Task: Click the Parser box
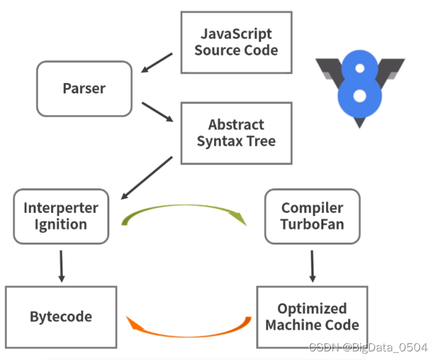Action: pos(84,89)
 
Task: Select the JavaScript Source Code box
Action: pos(236,42)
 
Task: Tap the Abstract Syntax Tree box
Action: pos(236,133)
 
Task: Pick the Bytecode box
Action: pos(61,316)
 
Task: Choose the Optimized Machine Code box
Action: pos(311,317)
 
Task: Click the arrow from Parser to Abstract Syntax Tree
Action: pos(157,112)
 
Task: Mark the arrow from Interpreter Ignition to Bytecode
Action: pos(61,265)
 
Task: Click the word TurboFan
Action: pos(312,224)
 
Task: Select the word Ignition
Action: pos(61,224)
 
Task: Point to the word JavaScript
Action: pos(237,34)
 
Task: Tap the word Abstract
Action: pos(236,125)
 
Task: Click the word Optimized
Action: pos(311,308)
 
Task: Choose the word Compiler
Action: pos(312,208)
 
